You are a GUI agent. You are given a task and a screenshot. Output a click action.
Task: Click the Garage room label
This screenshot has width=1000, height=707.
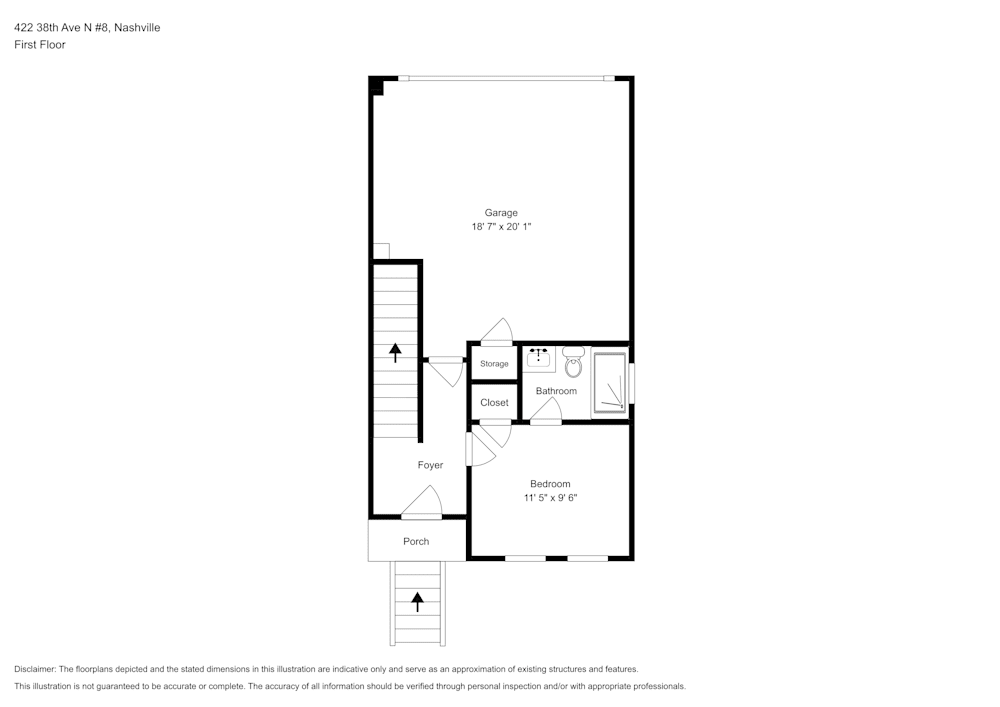click(501, 212)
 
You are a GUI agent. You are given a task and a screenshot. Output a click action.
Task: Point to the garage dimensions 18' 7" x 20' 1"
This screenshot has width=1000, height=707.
click(501, 227)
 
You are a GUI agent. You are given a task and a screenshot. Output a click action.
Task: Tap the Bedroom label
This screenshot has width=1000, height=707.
click(550, 484)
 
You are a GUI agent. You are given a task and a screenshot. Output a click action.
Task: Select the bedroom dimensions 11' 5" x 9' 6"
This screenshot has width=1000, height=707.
click(550, 498)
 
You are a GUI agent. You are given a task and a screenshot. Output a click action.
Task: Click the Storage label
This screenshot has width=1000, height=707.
click(494, 364)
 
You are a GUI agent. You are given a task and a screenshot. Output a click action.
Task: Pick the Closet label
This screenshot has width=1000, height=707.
click(494, 403)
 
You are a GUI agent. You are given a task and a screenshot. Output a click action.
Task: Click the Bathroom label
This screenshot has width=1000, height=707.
click(556, 391)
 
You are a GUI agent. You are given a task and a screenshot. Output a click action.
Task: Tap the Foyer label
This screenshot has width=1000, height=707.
click(430, 465)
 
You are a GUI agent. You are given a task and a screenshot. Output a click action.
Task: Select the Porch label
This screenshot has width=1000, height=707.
click(416, 541)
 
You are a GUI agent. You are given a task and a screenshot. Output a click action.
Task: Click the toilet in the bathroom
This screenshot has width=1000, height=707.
click(573, 360)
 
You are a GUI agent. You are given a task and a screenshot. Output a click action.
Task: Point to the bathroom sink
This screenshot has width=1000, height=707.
click(540, 358)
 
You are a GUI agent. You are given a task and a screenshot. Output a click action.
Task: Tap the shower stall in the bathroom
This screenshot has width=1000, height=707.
click(610, 382)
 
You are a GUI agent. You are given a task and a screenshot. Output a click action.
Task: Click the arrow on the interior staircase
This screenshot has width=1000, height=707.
click(395, 351)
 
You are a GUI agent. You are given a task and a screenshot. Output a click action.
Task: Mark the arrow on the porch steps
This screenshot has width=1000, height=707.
click(418, 601)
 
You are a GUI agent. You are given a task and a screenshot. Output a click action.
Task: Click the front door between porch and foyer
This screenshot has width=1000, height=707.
click(422, 504)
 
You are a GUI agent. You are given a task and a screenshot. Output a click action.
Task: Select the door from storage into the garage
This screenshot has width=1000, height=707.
click(496, 333)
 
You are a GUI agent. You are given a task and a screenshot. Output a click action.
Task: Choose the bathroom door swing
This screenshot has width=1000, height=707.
click(546, 411)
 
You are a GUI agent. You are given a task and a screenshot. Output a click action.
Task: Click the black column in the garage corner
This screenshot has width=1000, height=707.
click(376, 85)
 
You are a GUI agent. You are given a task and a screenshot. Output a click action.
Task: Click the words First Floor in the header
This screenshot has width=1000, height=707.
click(40, 45)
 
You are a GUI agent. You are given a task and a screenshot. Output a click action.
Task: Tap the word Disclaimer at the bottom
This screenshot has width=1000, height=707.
click(35, 669)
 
